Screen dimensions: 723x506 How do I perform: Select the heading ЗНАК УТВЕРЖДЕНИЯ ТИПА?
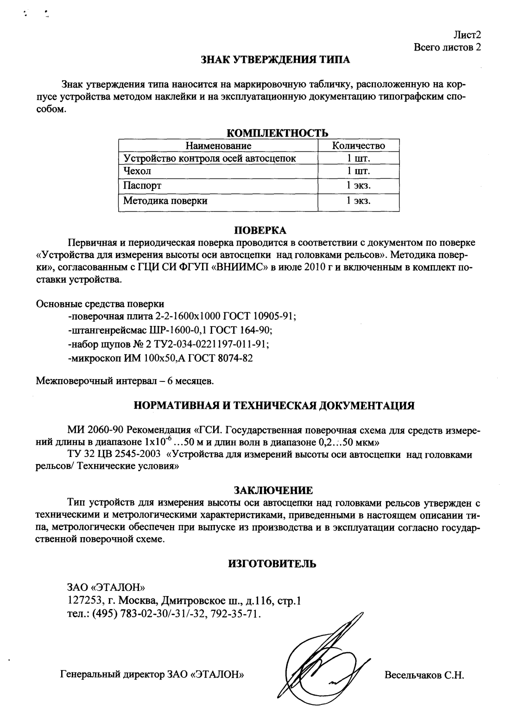click(275, 59)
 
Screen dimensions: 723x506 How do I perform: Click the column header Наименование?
click(218, 146)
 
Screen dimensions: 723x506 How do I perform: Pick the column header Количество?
click(359, 146)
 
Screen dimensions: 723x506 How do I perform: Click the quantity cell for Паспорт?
click(359, 186)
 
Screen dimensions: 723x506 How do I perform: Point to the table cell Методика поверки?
click(165, 201)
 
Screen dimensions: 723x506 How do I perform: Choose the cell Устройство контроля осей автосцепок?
click(209, 159)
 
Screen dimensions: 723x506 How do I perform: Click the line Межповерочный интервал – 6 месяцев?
click(125, 381)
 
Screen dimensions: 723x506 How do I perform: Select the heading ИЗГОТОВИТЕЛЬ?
click(272, 564)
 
